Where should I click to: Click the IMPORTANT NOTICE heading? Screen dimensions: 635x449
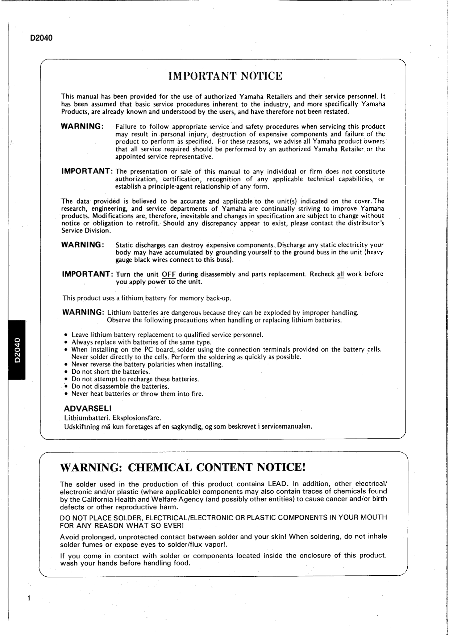[225, 76]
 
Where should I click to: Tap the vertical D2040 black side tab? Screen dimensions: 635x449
[17, 350]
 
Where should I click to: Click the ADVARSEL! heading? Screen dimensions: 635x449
[87, 409]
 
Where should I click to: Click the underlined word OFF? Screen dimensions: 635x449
[169, 274]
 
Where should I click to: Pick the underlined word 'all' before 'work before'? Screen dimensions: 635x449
[340, 274]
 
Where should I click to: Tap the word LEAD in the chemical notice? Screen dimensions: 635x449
[277, 484]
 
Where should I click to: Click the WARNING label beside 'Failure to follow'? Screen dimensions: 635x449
[83, 126]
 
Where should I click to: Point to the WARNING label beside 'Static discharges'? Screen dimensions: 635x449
[83, 245]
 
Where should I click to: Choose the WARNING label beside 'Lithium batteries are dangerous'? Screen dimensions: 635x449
[83, 312]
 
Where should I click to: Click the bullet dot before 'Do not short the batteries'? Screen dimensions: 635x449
[66, 372]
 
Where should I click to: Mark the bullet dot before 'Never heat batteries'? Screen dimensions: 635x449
[66, 394]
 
